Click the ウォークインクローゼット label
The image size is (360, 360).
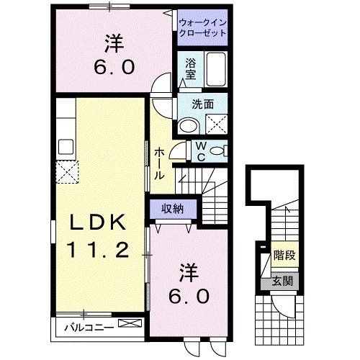[203, 28]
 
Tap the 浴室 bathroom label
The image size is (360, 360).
[190, 68]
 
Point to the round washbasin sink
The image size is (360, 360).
[189, 127]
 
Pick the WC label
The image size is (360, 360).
[202, 152]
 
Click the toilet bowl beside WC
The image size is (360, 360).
[220, 150]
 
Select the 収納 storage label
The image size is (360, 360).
[171, 209]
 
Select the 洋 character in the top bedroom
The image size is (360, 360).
[113, 45]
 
